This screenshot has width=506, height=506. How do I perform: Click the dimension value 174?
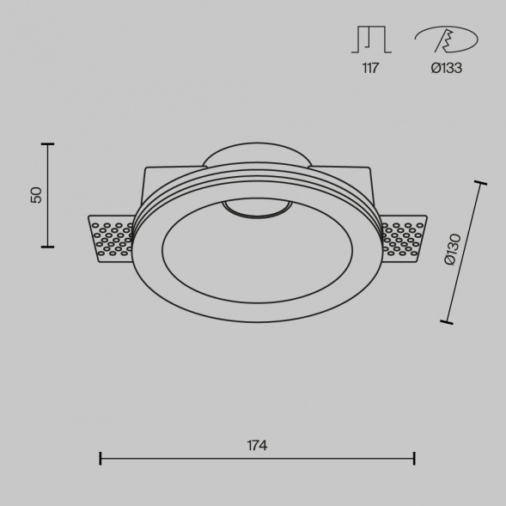[x=256, y=445]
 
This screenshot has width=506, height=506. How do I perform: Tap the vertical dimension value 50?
[x=36, y=195]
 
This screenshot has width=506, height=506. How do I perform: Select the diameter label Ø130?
[x=453, y=250]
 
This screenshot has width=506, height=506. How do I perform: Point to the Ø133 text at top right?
[x=446, y=68]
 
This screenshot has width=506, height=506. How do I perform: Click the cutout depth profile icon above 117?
[x=371, y=40]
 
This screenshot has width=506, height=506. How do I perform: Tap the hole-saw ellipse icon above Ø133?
[x=446, y=40]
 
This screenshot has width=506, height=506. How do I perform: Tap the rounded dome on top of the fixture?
[x=258, y=155]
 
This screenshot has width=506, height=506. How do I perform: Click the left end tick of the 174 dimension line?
[x=101, y=458]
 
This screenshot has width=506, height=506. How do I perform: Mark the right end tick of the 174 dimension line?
[x=415, y=458]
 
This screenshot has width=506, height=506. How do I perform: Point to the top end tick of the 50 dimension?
[x=46, y=144]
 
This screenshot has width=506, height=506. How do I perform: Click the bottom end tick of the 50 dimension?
[x=46, y=247]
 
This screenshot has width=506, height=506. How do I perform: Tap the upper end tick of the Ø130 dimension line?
[x=479, y=183]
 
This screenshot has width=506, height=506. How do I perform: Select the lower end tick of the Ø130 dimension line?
[x=445, y=322]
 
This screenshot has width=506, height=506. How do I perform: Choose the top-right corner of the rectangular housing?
[x=371, y=169]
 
